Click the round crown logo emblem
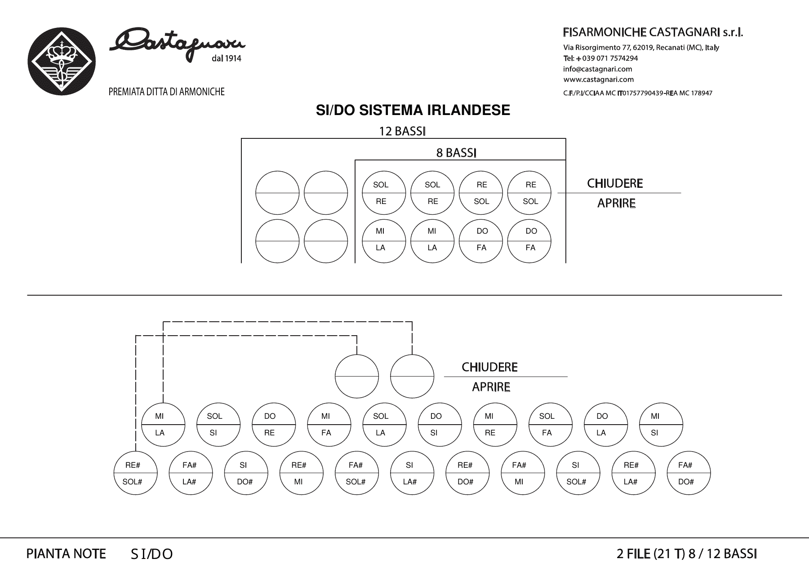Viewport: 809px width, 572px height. pos(62,61)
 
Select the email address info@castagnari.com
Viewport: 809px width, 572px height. pos(597,69)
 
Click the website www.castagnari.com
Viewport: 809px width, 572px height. pos(598,80)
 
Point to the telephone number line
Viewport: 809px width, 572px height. pos(600,58)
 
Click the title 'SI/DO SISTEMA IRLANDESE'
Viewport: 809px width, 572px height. pos(413,111)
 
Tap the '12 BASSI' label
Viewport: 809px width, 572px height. pos(402,131)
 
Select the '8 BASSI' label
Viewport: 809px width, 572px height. pos(456,153)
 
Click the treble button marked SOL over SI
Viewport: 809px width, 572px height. pos(218,424)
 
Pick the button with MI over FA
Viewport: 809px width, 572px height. pos(329,424)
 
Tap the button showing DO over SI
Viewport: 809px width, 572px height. pos(440,424)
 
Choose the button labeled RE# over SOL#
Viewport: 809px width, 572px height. pos(136,473)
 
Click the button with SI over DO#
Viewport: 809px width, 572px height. pos(246,473)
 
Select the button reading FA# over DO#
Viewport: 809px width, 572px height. pos(689,473)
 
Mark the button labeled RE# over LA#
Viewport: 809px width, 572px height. pos(633,473)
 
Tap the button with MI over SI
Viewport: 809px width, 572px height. pos(661,424)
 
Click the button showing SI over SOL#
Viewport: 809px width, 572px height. pos(578,473)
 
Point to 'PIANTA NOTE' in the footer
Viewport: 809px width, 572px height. pos(66,554)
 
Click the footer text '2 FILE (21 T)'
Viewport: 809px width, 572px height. pos(651,554)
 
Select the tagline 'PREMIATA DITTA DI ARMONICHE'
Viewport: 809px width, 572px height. pos(167,92)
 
